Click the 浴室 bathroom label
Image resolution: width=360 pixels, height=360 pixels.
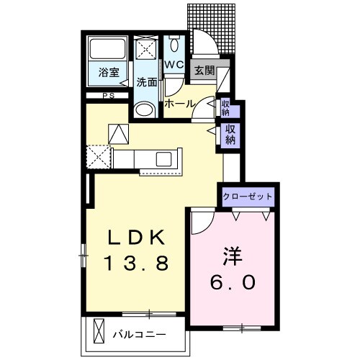tap(109, 73)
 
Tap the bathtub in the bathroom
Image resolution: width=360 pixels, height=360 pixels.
tap(108, 48)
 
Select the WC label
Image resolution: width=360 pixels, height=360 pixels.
tap(174, 64)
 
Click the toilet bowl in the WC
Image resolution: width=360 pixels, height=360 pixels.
tap(174, 45)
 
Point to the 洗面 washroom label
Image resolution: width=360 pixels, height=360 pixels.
tap(147, 82)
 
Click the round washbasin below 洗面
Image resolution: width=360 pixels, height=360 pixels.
tap(145, 110)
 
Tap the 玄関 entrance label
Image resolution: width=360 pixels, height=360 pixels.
tap(204, 71)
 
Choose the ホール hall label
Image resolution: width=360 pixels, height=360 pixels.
tap(179, 104)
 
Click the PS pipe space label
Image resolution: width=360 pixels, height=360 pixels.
tap(109, 96)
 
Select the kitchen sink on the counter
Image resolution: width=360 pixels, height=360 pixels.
tap(163, 159)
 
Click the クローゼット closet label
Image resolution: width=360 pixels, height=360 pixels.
tap(248, 197)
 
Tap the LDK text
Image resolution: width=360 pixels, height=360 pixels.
tap(137, 238)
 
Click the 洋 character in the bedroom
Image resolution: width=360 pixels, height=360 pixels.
tap(233, 256)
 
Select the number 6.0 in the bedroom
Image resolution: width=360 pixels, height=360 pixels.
tap(233, 282)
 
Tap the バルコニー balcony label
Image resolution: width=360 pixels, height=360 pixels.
tap(139, 335)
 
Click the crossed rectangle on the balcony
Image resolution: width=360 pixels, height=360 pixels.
tap(99, 331)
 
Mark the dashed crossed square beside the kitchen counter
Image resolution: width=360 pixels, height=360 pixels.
tap(99, 157)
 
